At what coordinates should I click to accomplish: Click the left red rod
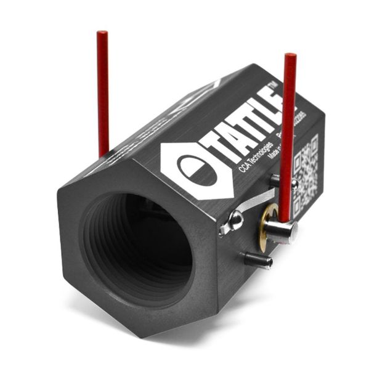point(103,92)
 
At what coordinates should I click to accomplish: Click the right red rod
point(288,136)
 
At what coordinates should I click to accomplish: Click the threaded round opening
point(139,246)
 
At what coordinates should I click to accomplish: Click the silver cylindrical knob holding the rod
point(282,231)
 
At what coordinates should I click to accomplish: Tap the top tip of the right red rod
point(290,57)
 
